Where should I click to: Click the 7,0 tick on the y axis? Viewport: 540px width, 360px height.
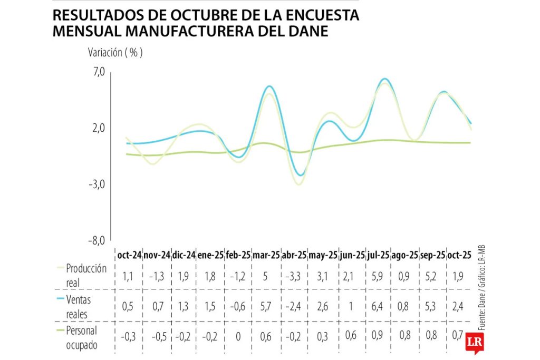(99, 72)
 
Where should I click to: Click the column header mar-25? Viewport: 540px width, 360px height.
(266, 255)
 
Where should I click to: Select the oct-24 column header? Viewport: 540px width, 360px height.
(130, 255)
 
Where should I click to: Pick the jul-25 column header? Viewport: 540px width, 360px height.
(377, 255)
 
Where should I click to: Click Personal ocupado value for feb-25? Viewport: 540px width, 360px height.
(238, 336)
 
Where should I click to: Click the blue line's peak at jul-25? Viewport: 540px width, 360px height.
(385, 79)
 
